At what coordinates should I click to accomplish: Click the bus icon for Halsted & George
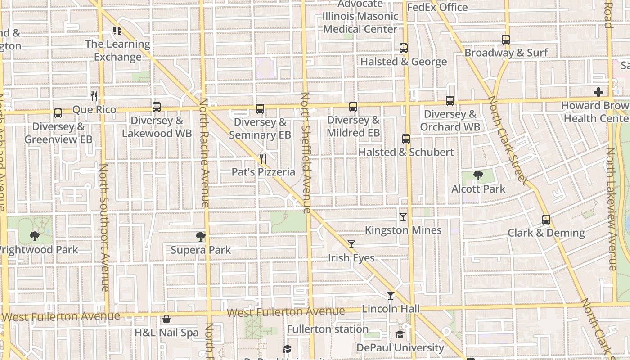click(x=404, y=48)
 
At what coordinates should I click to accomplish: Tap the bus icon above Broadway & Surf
click(x=506, y=40)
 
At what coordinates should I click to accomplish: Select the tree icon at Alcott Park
click(x=478, y=175)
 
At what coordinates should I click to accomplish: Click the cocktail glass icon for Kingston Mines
click(x=403, y=217)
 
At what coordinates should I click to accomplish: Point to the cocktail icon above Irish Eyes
click(x=351, y=244)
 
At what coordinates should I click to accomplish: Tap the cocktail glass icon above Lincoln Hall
click(x=391, y=296)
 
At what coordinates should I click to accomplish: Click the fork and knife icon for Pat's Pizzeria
click(x=263, y=159)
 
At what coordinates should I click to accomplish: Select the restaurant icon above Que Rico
click(x=94, y=96)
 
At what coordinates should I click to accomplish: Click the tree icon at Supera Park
click(x=201, y=237)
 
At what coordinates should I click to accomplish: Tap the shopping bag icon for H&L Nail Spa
click(x=166, y=319)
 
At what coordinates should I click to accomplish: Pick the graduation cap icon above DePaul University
click(x=400, y=334)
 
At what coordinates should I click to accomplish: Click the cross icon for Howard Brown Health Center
click(x=598, y=92)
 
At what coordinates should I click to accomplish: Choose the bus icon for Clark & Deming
click(x=546, y=220)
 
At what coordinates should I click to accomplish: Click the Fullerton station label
click(x=328, y=329)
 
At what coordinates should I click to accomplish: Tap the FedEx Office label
click(x=437, y=8)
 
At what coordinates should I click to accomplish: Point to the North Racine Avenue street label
click(x=205, y=153)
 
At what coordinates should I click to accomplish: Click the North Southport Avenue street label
click(x=104, y=227)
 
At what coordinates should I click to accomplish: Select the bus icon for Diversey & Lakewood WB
click(x=157, y=107)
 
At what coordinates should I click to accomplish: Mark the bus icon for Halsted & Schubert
click(x=406, y=139)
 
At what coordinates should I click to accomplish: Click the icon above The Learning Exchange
click(x=117, y=31)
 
